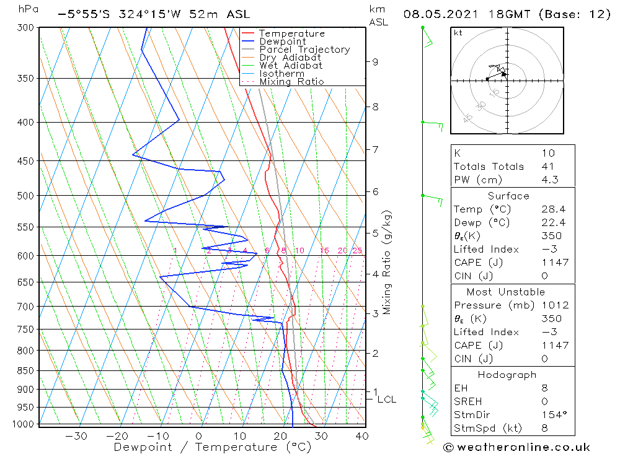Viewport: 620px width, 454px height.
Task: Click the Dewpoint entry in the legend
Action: pyautogui.click(x=282, y=41)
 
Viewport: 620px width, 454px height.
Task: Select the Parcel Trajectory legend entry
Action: pyautogui.click(x=304, y=50)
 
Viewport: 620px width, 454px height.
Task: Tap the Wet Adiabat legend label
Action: pyautogui.click(x=290, y=66)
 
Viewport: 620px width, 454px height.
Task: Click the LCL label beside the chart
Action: pyautogui.click(x=386, y=399)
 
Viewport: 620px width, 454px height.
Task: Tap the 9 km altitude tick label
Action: pyautogui.click(x=375, y=61)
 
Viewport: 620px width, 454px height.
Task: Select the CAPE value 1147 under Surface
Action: pyautogui.click(x=554, y=263)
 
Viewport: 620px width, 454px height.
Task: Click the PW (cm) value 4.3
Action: pyautogui.click(x=549, y=180)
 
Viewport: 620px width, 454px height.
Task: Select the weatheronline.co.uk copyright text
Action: pyautogui.click(x=517, y=447)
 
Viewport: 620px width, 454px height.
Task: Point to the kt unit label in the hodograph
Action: pyautogui.click(x=458, y=33)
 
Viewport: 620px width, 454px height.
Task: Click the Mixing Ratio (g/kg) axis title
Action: pyautogui.click(x=387, y=262)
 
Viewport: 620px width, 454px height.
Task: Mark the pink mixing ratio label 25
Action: pyautogui.click(x=357, y=250)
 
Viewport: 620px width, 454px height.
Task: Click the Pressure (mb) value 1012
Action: pyautogui.click(x=554, y=305)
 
